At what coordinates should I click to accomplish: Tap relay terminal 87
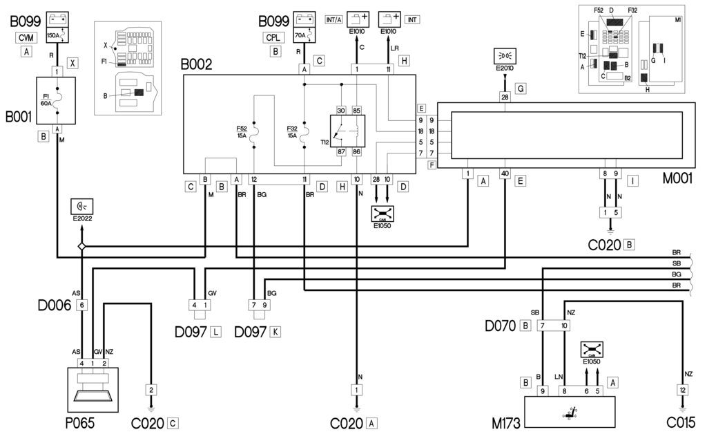point(340,152)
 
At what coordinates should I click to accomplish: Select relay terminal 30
point(340,111)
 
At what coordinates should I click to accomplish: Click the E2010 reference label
point(505,68)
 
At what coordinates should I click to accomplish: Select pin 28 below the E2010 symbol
point(505,97)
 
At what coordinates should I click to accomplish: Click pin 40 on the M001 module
point(505,173)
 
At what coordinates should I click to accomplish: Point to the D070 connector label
point(501,324)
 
